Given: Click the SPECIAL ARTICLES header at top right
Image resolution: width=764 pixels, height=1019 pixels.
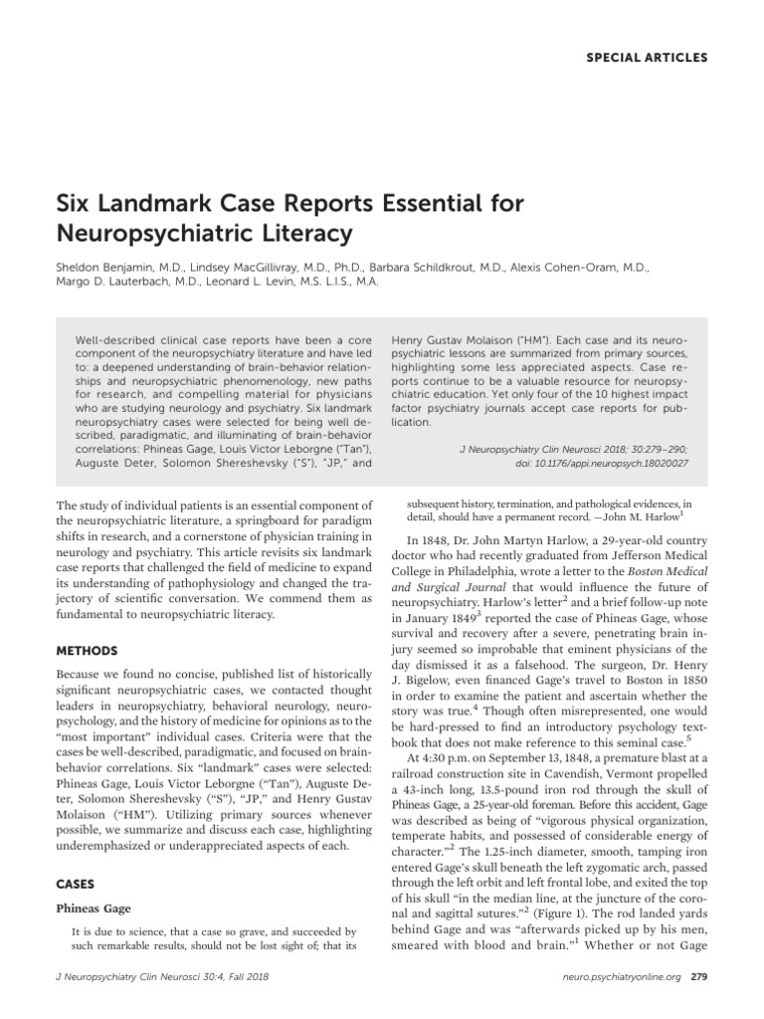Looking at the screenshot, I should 646,58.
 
